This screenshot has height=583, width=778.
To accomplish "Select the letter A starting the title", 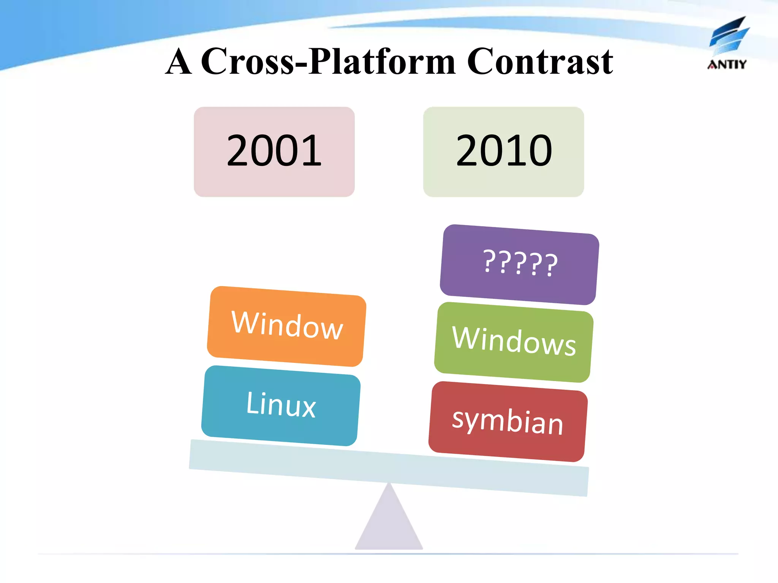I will pos(179,62).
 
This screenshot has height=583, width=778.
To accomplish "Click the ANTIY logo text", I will pos(727,65).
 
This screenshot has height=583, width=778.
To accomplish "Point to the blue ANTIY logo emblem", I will pos(729,36).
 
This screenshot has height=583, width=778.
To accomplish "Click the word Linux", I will pos(281,405).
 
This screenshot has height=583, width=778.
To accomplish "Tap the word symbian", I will pos(508,421).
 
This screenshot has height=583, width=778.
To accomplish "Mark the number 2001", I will pos(274,151).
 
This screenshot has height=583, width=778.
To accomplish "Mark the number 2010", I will pos(504,151).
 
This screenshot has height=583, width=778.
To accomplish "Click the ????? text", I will pos(520,263).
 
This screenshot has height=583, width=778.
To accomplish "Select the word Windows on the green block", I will pos(514,341).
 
